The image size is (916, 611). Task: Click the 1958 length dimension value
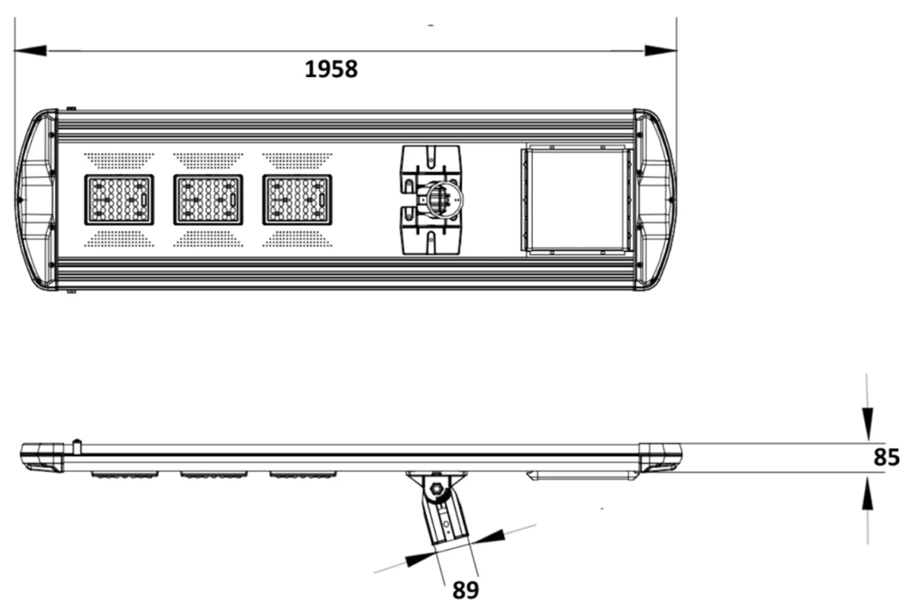coord(331,69)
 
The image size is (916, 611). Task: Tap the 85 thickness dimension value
coord(886,457)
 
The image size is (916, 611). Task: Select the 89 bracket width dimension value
coord(466,590)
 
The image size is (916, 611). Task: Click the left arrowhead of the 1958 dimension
coord(31,50)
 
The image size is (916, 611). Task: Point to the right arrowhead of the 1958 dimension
coord(660,50)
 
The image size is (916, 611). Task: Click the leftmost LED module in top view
coord(119,200)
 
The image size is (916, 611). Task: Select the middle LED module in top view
coord(208,200)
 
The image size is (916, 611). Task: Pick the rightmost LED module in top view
coord(297,200)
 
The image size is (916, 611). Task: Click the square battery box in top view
coord(576,199)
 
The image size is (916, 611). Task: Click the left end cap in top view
coord(36,200)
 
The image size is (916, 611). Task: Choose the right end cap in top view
coord(655,200)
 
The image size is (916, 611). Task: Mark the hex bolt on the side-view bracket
coord(437,489)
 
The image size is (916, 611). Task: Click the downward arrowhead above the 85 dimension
coord(867,425)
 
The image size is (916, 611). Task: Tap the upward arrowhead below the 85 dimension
coord(867,493)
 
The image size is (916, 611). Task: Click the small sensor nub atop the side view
coord(76,447)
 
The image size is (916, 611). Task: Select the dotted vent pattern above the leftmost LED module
coord(119,161)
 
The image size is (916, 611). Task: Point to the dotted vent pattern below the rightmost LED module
coord(297,239)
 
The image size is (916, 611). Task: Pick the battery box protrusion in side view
coord(583,476)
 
